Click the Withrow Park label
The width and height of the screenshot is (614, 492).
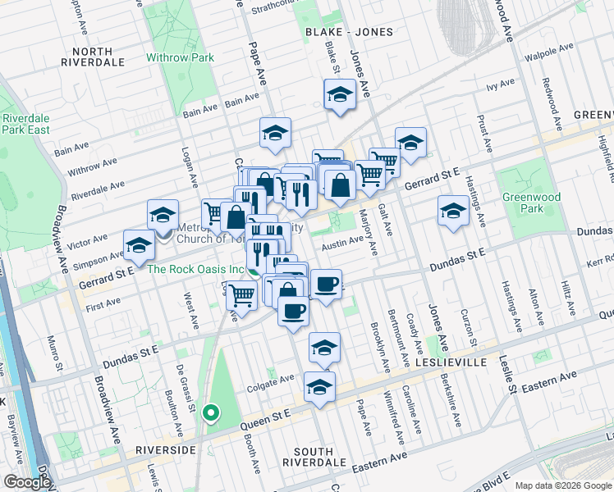180,58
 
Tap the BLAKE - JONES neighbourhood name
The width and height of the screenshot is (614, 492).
349,32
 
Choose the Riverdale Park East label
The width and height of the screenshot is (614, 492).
25,125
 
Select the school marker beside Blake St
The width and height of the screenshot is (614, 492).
339,96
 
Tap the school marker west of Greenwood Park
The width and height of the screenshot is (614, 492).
453,212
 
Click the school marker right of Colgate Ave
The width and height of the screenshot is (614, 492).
319,387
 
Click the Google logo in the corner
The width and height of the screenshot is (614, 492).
26,482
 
